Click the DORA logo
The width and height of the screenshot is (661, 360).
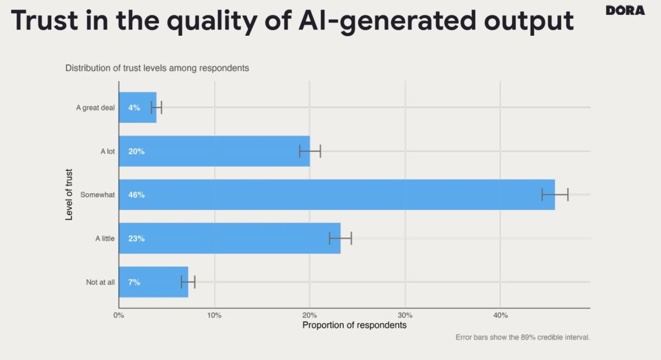tap(625, 10)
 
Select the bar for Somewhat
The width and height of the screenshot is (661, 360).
tap(337, 195)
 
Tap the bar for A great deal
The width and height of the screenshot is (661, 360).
tap(138, 107)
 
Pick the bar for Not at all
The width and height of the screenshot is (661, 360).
tap(154, 282)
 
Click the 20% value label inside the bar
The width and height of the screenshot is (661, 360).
tap(137, 151)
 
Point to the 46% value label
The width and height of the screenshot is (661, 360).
tap(137, 195)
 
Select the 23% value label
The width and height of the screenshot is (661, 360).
tap(137, 238)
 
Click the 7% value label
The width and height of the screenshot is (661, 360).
tap(134, 282)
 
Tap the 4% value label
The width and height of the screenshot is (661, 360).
tap(134, 108)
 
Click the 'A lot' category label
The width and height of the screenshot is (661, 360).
tap(107, 151)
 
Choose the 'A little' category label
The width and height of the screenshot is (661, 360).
tap(105, 238)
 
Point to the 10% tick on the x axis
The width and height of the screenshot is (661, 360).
tap(214, 315)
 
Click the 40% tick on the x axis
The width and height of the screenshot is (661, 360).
tap(500, 315)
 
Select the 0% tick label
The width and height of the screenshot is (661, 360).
tap(118, 315)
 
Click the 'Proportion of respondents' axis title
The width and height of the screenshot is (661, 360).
tap(354, 325)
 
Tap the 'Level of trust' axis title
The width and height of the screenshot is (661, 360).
tap(68, 195)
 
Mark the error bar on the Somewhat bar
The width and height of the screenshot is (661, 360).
tap(555, 195)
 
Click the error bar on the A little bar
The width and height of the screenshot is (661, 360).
tap(340, 238)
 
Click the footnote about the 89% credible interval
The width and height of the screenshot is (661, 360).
tap(523, 337)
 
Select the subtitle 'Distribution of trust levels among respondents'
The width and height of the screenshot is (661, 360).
tap(157, 68)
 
